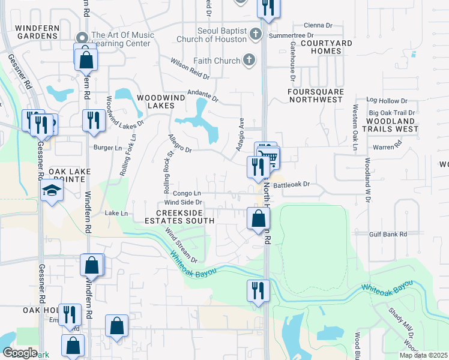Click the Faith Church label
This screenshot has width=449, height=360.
pos(216,61)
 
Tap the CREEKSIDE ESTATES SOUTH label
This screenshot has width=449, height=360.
pos(185,217)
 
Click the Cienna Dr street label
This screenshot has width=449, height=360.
pos(318,25)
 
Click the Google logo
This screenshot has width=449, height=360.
pos(20,352)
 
